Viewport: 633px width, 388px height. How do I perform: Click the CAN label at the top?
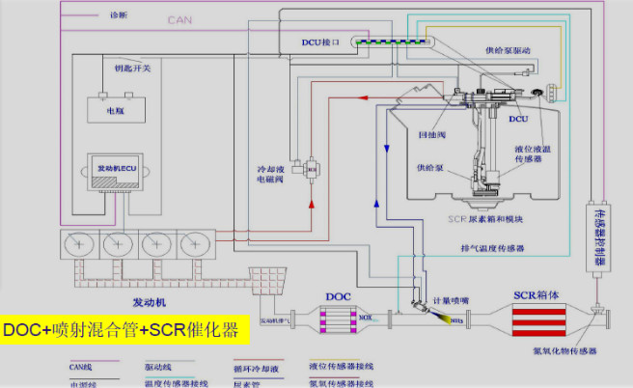tap(179, 18)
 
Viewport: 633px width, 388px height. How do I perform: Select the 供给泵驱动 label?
tap(506, 50)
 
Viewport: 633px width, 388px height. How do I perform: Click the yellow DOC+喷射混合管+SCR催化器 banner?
tap(124, 329)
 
